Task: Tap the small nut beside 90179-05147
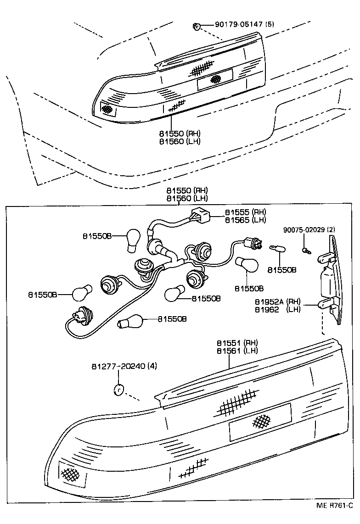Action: click(196, 27)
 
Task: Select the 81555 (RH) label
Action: click(245, 212)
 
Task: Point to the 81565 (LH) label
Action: click(245, 220)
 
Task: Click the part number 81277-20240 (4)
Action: click(124, 366)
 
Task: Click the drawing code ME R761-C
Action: click(335, 518)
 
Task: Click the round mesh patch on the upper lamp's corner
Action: click(107, 109)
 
